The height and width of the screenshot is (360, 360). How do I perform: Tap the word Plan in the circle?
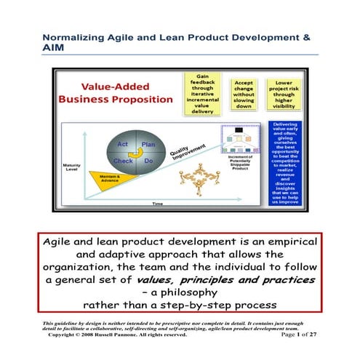coord(149,124)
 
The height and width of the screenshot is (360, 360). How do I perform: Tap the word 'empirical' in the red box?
coord(271,242)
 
